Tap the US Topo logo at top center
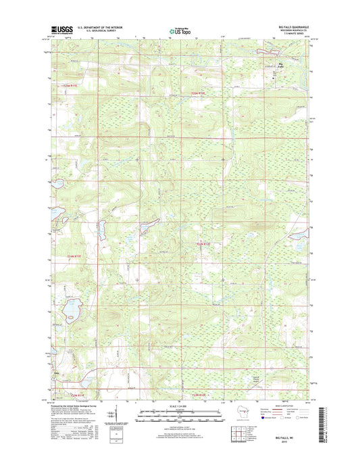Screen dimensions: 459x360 [178, 30]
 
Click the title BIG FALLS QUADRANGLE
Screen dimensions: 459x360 [291, 26]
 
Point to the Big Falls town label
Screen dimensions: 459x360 [281, 65]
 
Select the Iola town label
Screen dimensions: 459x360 [56, 372]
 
